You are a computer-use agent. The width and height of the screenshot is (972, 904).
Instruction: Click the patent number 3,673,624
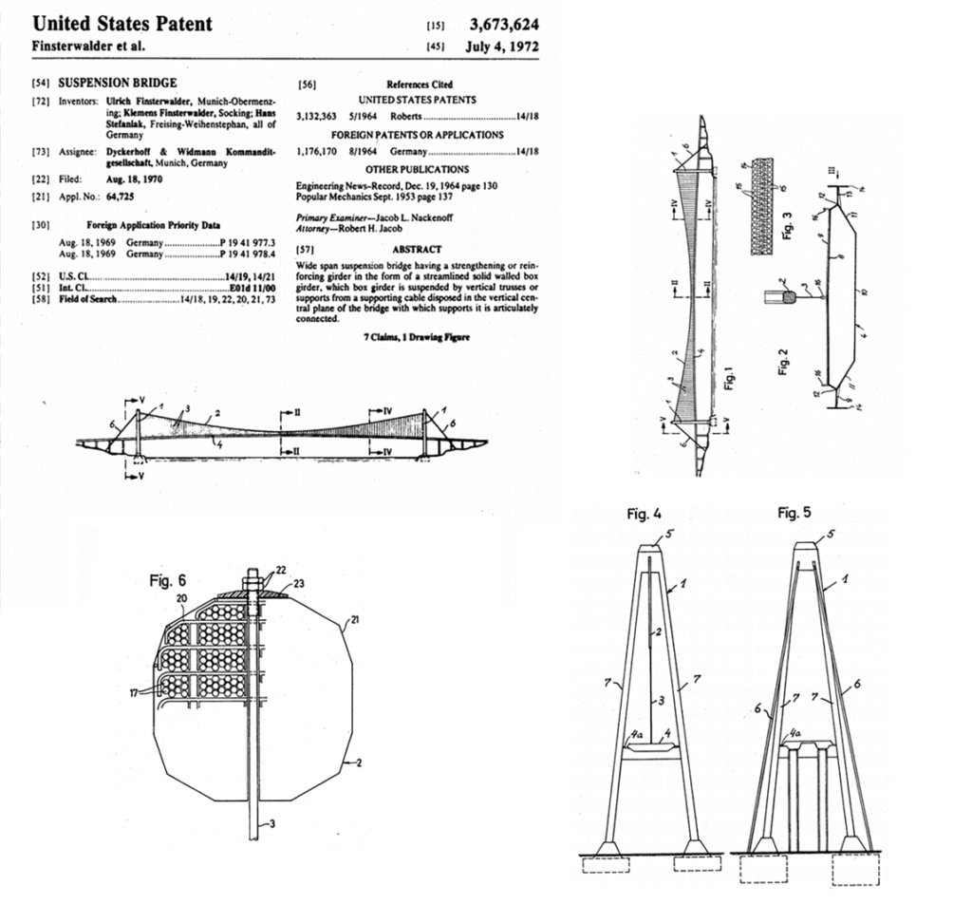[x=504, y=24]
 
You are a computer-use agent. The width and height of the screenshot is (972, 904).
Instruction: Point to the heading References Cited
[x=420, y=85]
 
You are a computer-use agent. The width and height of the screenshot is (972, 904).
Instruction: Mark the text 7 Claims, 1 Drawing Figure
[x=418, y=338]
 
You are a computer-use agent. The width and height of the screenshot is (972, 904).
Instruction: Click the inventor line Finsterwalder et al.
[x=89, y=47]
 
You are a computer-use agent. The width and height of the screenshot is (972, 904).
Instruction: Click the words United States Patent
[x=122, y=23]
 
